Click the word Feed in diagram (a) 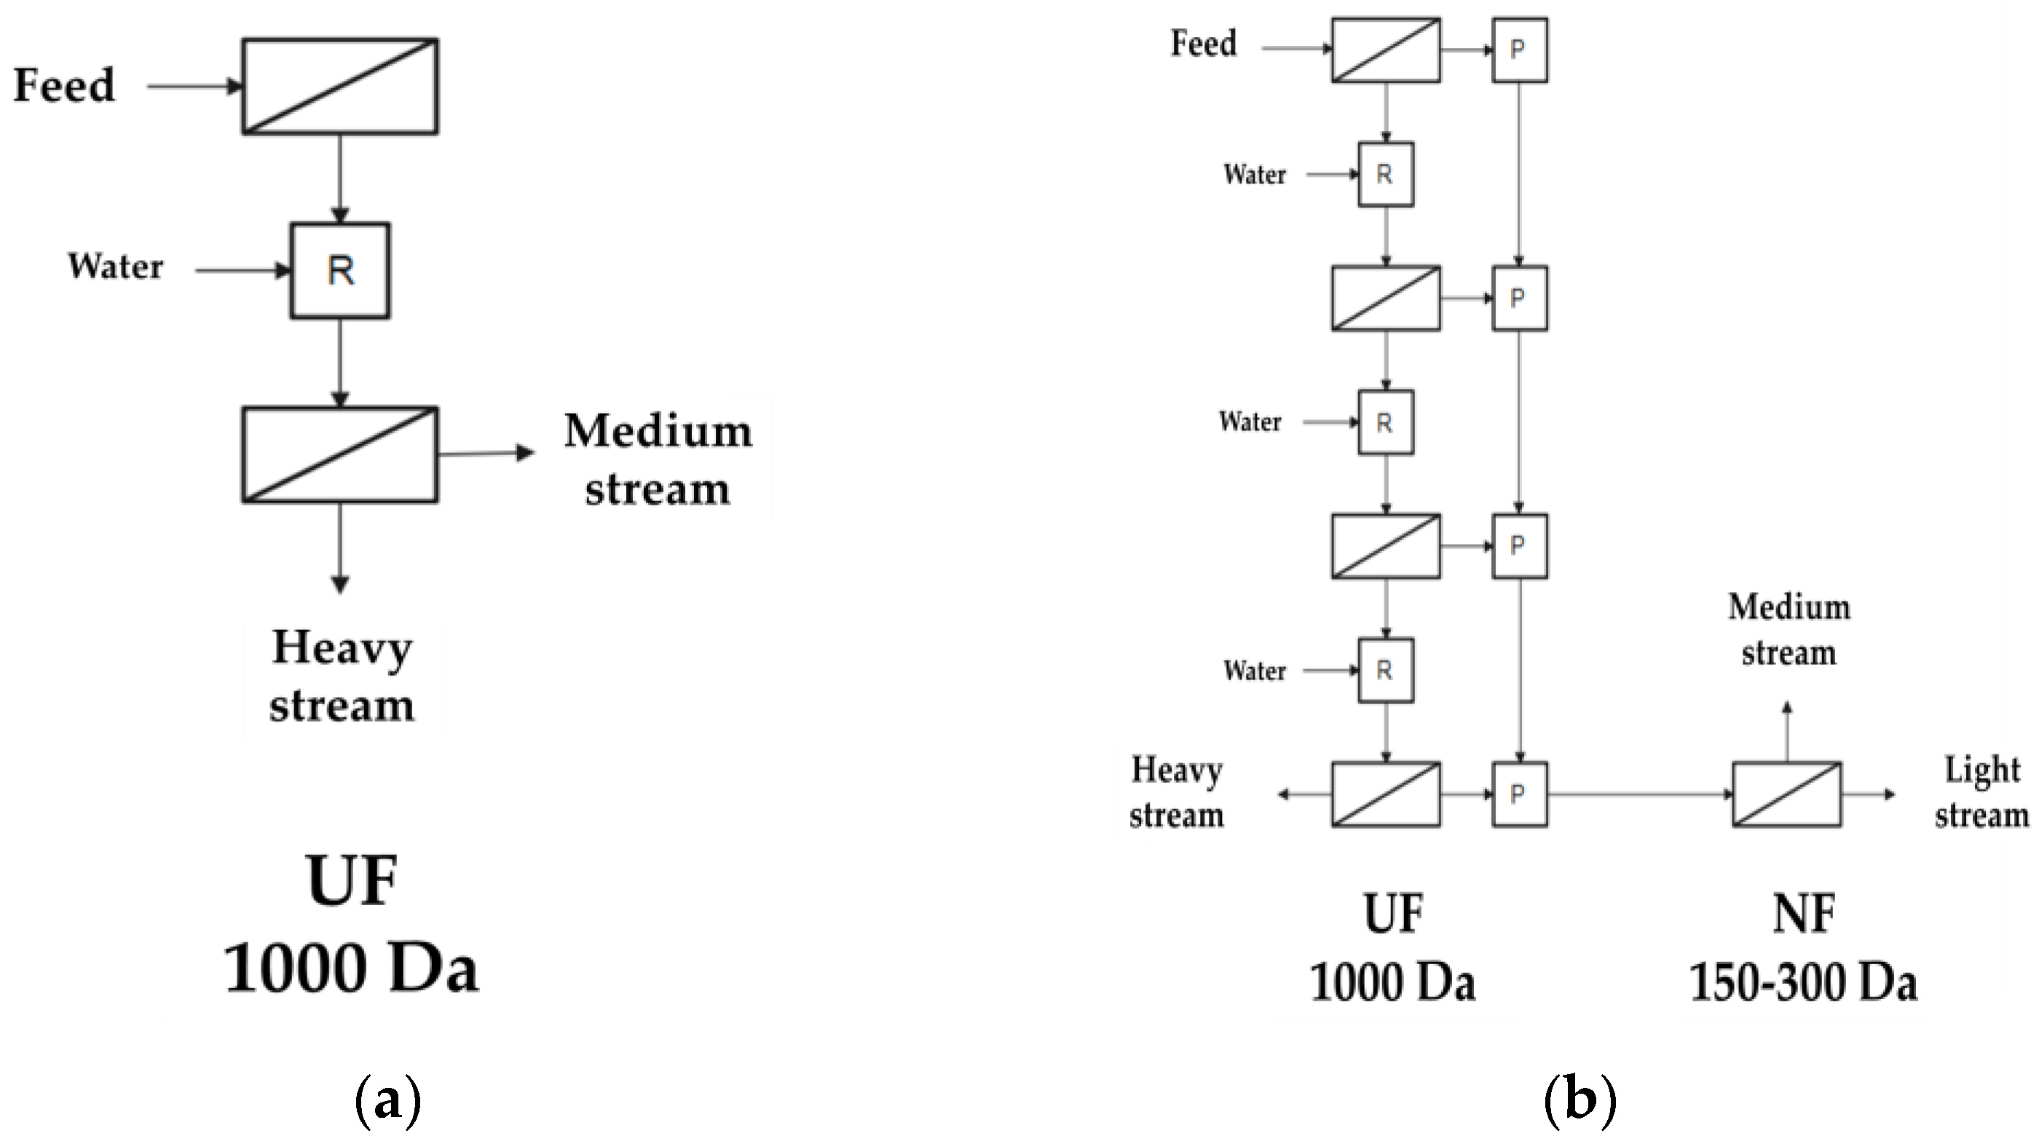click(x=64, y=85)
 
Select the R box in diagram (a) click(x=339, y=271)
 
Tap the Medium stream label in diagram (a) click(x=658, y=460)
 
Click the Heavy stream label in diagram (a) click(x=342, y=676)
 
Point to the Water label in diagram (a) click(x=116, y=267)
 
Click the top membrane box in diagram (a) click(x=339, y=87)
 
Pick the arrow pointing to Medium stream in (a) click(x=486, y=454)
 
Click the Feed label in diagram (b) click(x=1203, y=44)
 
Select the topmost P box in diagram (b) click(x=1519, y=50)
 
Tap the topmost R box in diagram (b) click(x=1385, y=174)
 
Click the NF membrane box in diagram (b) click(x=1786, y=794)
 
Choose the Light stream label click(x=1981, y=792)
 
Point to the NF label click(x=1803, y=915)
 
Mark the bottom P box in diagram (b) click(x=1519, y=794)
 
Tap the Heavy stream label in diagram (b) click(x=1176, y=792)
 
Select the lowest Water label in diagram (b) click(x=1254, y=671)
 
